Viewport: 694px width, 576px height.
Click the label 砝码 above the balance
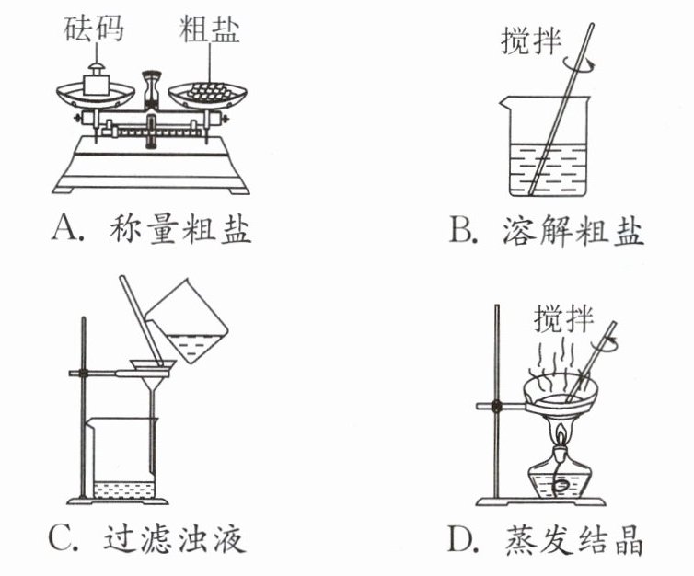click(93, 30)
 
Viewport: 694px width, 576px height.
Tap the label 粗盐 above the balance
click(209, 30)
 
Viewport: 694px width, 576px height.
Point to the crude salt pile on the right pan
click(209, 90)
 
